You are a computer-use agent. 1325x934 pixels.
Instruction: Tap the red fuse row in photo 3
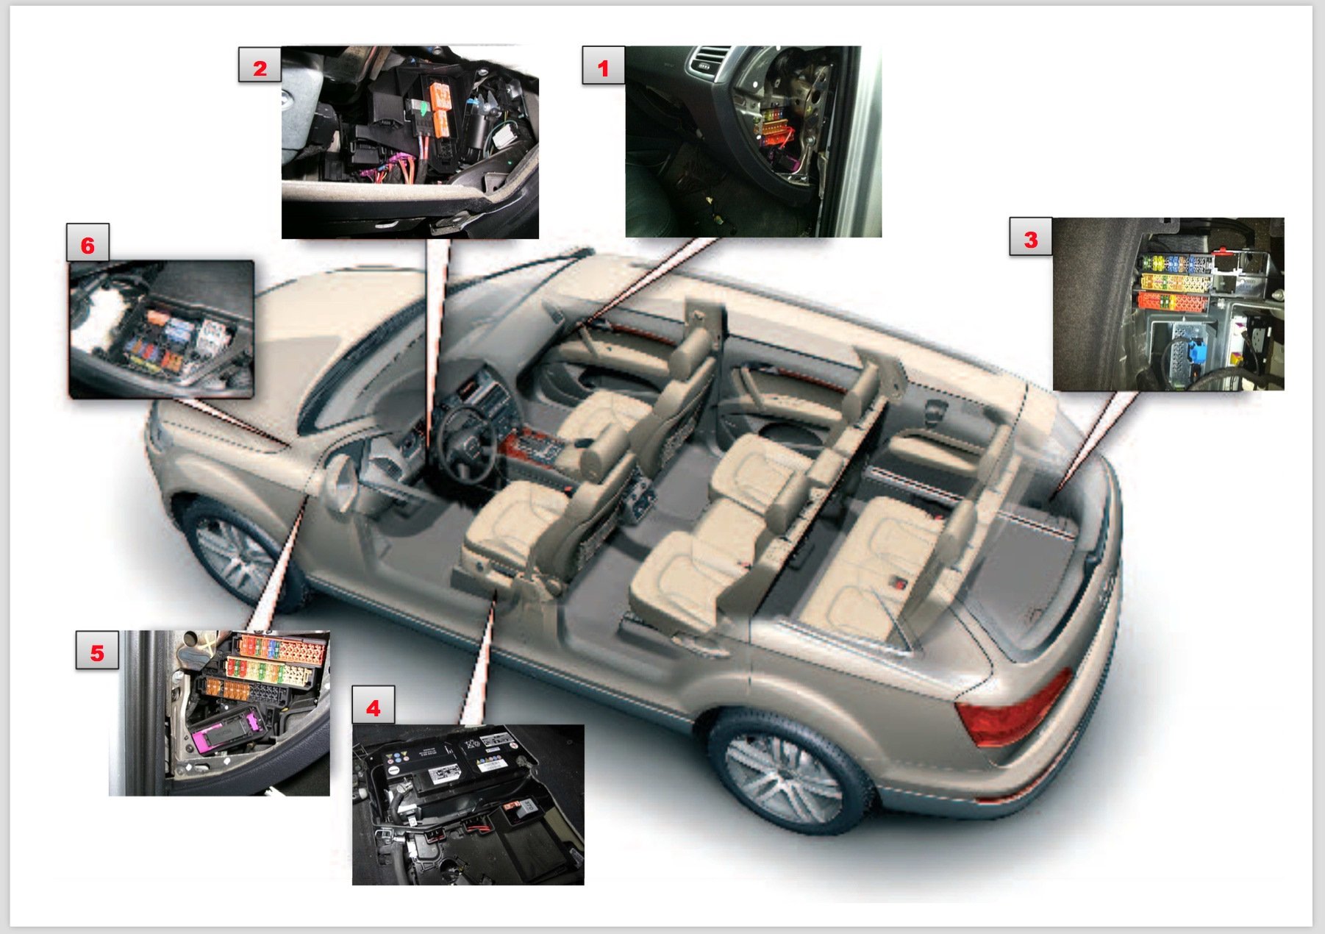tap(1174, 302)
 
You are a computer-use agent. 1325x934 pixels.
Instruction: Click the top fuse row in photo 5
tap(279, 648)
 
